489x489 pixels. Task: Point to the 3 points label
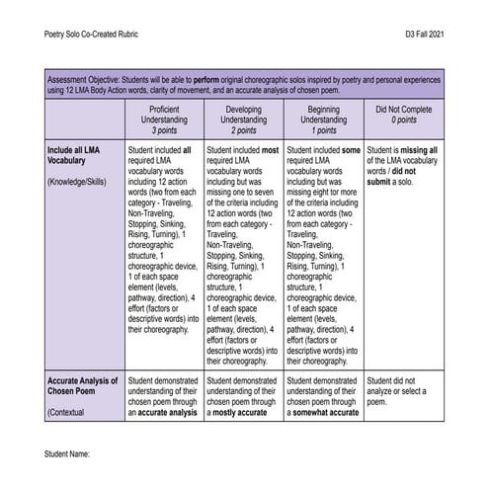click(x=165, y=129)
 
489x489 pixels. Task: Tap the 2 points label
click(x=244, y=129)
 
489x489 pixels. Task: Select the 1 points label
click(x=323, y=129)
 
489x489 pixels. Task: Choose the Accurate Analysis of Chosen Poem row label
click(x=82, y=386)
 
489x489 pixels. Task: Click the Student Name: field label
click(x=67, y=451)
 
